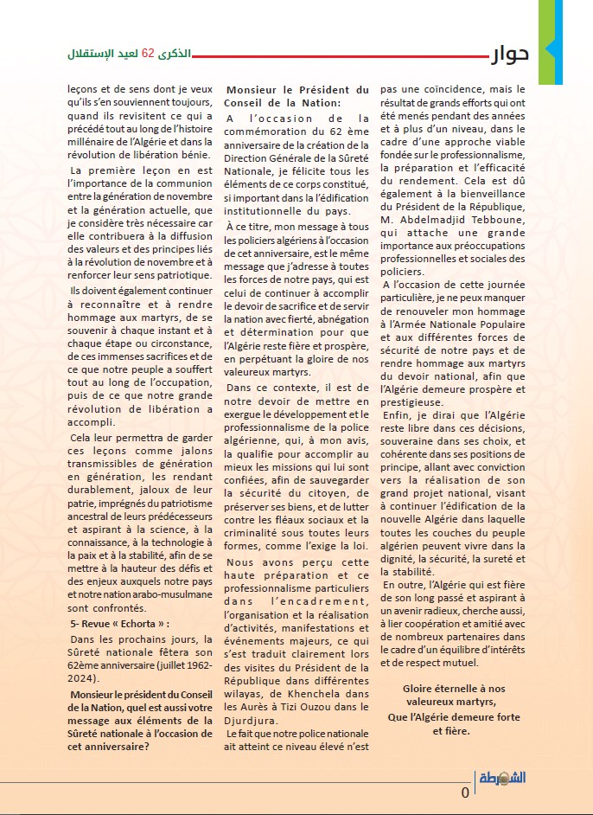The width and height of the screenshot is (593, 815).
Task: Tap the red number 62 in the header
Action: coord(148,55)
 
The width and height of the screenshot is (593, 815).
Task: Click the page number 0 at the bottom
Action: coord(465,793)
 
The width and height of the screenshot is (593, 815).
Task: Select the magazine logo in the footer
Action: coord(502,777)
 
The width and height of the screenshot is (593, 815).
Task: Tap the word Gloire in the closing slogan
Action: coord(421,689)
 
